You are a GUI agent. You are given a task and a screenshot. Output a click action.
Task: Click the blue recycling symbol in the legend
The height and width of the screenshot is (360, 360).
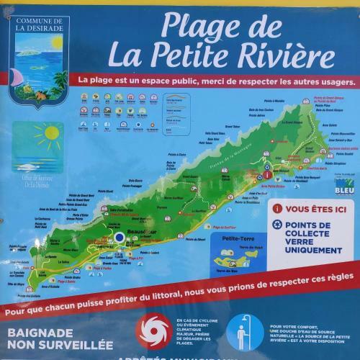click(x=277, y=225)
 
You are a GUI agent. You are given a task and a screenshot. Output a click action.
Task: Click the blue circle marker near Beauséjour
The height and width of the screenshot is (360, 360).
click(x=118, y=237)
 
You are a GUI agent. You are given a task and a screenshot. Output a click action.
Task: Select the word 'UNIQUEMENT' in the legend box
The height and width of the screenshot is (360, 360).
click(x=313, y=250)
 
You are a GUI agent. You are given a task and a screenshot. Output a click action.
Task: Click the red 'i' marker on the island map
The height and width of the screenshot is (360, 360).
click(x=267, y=174)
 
